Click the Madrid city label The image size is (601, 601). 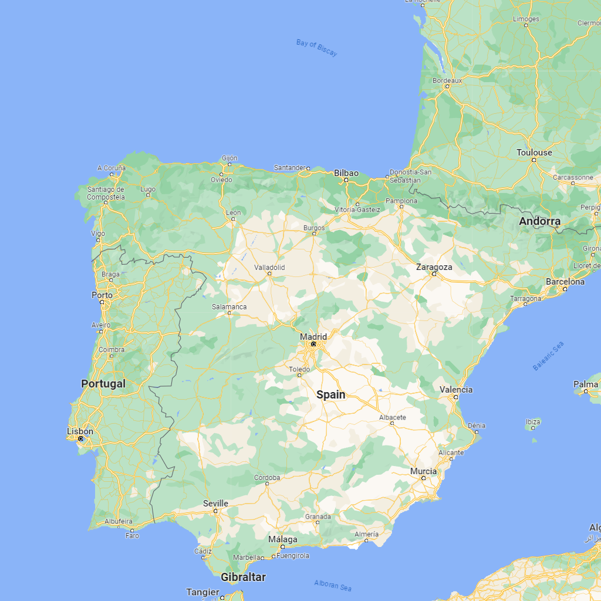(x=313, y=336)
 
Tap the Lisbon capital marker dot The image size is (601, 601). (x=80, y=438)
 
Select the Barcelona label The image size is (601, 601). (x=565, y=281)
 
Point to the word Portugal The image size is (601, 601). (x=103, y=383)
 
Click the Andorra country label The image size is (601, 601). (x=539, y=221)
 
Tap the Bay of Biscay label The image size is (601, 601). (x=317, y=48)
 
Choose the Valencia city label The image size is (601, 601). (x=456, y=389)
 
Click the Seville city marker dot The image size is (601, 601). (x=215, y=511)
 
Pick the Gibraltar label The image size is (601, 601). (x=243, y=577)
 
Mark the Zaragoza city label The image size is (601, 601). (x=434, y=266)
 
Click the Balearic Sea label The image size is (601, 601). (x=548, y=356)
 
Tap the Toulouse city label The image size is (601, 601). (x=534, y=152)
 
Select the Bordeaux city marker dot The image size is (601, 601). (x=447, y=86)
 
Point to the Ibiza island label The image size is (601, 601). (x=533, y=421)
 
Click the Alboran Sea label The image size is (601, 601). (x=333, y=585)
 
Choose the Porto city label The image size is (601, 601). (x=102, y=295)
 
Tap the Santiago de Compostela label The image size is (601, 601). (x=106, y=193)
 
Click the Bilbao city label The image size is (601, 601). (x=346, y=173)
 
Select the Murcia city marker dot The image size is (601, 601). (x=423, y=478)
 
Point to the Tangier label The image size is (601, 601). (x=202, y=592)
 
